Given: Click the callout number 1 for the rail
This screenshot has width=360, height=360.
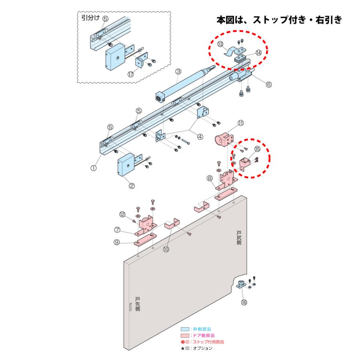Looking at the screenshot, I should pos(93,168).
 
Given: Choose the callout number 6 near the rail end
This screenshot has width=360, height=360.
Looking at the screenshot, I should pos(268,84).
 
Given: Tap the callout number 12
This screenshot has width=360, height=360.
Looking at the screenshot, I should pos(123,214).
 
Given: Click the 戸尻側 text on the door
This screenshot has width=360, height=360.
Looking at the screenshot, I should pos(239,238).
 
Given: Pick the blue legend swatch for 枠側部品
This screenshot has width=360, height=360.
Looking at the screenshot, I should pos(185,329).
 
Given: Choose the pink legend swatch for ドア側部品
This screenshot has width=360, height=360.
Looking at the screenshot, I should pos(185,336).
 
